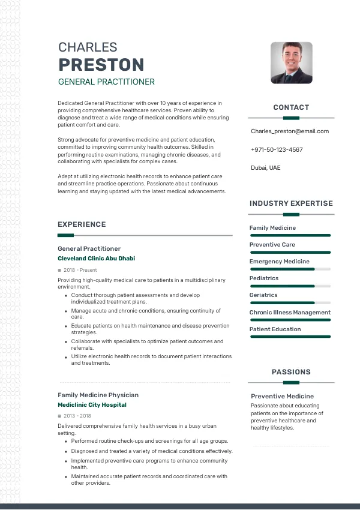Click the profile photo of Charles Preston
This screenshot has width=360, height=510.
291,62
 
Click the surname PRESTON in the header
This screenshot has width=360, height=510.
101,65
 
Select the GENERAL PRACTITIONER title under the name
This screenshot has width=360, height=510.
106,82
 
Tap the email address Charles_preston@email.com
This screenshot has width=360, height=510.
290,131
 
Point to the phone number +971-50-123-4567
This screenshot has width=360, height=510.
277,149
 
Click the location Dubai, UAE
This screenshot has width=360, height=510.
265,167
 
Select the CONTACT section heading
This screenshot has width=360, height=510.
291,107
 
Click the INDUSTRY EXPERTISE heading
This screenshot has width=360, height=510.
291,203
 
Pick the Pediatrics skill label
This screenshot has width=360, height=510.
264,278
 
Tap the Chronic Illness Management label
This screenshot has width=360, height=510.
290,312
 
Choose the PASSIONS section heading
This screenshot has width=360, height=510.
291,372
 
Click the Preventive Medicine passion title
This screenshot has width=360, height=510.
282,396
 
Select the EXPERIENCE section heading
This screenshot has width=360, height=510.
82,224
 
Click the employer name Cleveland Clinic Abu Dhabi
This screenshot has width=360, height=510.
96,258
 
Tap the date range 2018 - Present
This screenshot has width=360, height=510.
80,270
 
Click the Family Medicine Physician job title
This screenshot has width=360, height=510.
98,395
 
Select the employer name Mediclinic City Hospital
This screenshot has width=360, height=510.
92,405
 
